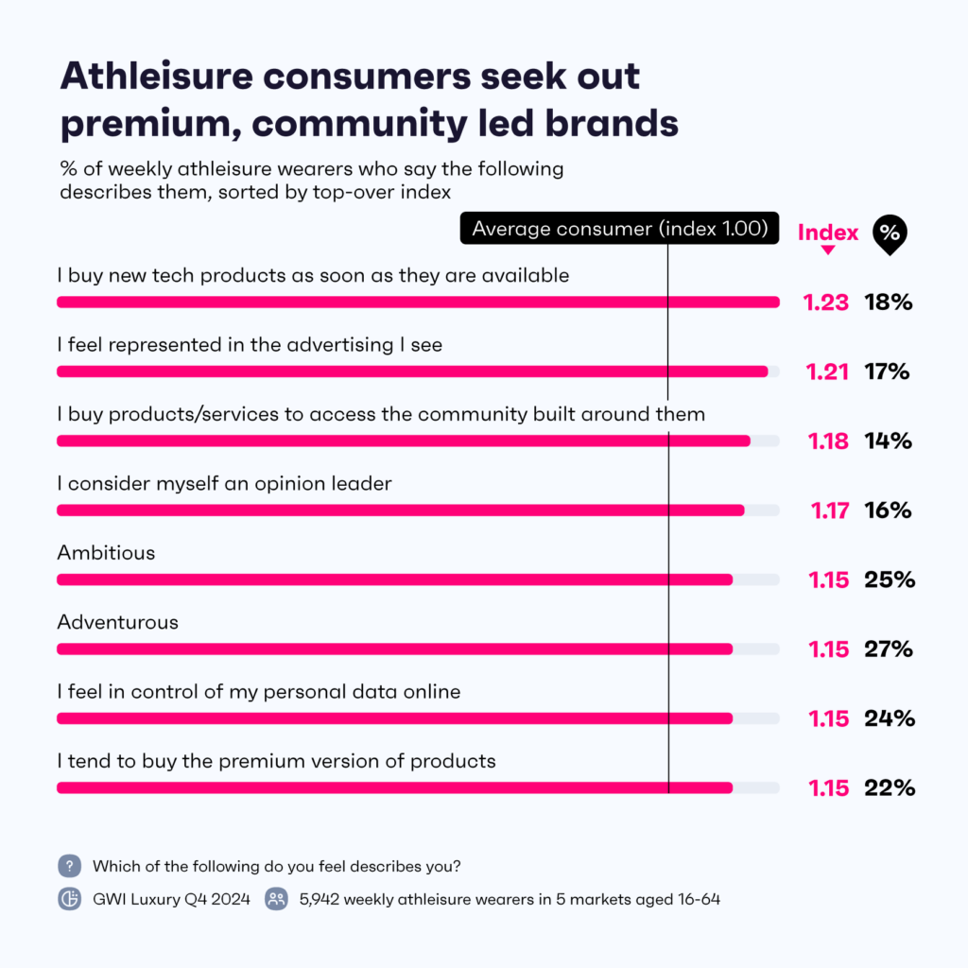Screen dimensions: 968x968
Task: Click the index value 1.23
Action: pos(827,302)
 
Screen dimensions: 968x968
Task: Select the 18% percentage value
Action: pos(888,302)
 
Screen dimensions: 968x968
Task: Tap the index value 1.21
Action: pos(827,372)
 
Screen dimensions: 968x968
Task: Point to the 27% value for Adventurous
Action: pos(890,648)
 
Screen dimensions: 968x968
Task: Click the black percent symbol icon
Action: pos(888,233)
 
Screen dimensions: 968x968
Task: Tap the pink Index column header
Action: pos(828,233)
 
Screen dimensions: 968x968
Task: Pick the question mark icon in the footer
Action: pos(69,866)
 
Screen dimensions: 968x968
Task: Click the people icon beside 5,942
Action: pos(276,899)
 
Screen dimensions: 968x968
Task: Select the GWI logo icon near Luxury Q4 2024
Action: pos(69,899)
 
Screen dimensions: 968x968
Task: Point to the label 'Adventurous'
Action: pos(117,622)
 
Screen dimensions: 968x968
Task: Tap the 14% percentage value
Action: pos(888,441)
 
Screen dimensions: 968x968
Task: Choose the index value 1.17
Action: pos(829,510)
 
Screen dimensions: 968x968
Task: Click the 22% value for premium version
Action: pos(890,787)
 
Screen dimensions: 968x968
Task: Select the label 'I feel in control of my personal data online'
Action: pos(259,691)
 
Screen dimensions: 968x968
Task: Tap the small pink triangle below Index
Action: pos(827,251)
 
